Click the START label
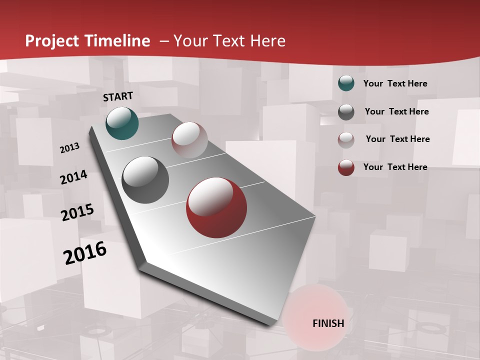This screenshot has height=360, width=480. pos(118,96)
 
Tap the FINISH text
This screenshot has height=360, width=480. pos(328,323)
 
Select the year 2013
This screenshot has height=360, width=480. pos(69,148)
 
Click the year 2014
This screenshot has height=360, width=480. pos(73,177)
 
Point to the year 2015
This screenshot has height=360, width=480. pos(77,212)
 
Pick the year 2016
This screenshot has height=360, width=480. pos(85,252)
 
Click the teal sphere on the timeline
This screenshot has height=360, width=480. pos(122,123)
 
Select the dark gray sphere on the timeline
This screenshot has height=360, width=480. pos(145,180)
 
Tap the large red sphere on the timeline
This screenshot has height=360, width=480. pos(216,207)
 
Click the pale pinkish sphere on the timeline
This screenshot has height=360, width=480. pos(189,139)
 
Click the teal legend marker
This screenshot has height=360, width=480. pos(346,83)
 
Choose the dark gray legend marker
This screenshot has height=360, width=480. pos(346,112)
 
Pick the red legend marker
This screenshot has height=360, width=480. pos(346,167)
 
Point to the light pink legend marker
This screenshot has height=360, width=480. pos(346,140)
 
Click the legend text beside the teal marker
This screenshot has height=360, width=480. pos(395,83)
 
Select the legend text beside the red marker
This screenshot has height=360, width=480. pos(395,167)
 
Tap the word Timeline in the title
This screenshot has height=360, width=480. pos(119,40)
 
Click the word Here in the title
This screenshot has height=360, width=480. pos(268,40)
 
